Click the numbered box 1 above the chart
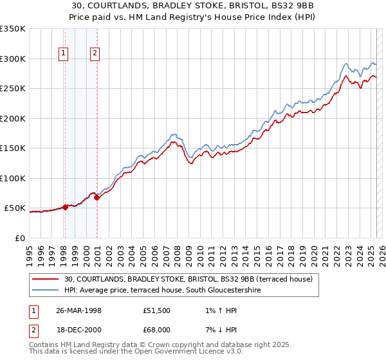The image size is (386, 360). tap(64, 54)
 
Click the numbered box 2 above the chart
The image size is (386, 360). tap(95, 54)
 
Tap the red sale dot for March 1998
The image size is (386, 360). tap(65, 207)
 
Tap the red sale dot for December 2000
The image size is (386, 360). tap(96, 197)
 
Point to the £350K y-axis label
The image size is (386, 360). tap(13, 29)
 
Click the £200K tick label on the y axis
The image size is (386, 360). tap(13, 118)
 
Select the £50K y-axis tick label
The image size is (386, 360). tap(15, 208)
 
